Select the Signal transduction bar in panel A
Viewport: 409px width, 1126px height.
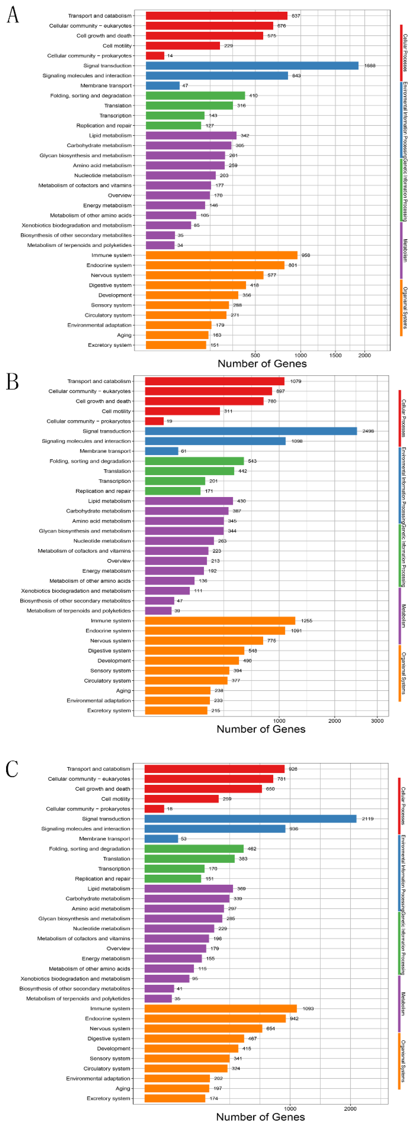[252, 65]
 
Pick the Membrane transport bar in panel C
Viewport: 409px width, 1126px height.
[161, 838]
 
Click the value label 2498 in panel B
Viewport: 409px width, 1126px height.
[368, 431]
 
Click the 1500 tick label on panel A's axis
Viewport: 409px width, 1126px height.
[335, 355]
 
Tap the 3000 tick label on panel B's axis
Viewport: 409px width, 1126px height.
[377, 721]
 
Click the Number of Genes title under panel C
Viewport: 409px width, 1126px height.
[260, 1116]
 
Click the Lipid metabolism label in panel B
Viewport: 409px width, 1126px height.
[109, 501]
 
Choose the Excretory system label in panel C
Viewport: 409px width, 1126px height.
[108, 1098]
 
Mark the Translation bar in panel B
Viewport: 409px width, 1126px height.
[189, 471]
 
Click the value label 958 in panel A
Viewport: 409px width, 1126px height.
[306, 255]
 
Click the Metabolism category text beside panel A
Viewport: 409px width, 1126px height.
[405, 250]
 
